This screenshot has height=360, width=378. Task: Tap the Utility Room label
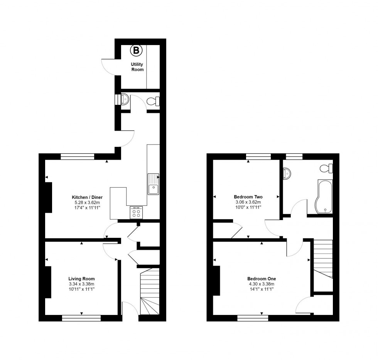[x=137, y=67]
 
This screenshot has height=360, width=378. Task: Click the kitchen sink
[x=153, y=184]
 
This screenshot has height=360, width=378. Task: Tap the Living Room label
[x=81, y=279]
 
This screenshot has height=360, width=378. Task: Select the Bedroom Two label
[x=248, y=197]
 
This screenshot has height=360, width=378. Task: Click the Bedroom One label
[x=262, y=279]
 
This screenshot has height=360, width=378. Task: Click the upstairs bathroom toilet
[x=327, y=168]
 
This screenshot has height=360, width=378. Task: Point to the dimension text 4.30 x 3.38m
[x=262, y=284]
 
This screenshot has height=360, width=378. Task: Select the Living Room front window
[x=81, y=318]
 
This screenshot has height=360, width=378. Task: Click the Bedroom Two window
[x=258, y=156]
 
